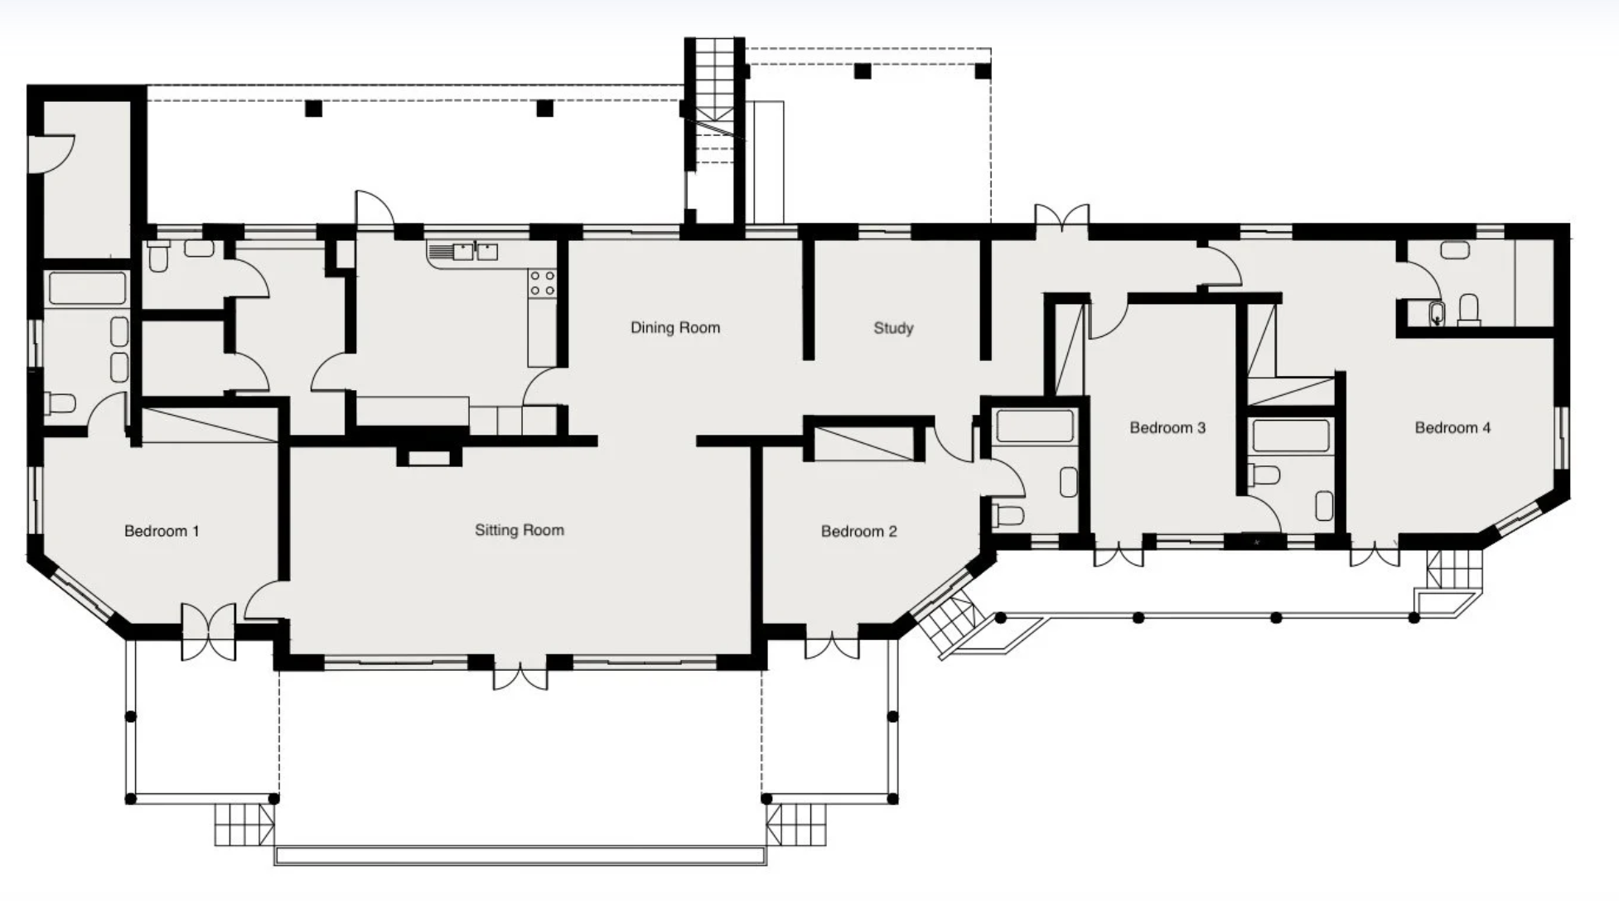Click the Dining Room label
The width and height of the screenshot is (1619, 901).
[x=675, y=327]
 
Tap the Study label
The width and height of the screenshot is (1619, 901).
[x=893, y=328]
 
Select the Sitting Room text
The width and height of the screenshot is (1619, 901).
[x=520, y=530]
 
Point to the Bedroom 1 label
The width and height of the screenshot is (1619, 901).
[x=162, y=531]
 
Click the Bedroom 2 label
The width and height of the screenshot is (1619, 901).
[x=859, y=531]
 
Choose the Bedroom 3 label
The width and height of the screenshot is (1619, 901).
[x=1167, y=427]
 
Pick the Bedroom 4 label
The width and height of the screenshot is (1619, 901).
[x=1452, y=427]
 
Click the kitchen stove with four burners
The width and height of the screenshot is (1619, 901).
[x=543, y=282]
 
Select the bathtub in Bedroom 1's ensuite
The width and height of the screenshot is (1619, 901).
[x=87, y=288]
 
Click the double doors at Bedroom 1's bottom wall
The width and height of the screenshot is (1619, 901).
[x=209, y=632]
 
